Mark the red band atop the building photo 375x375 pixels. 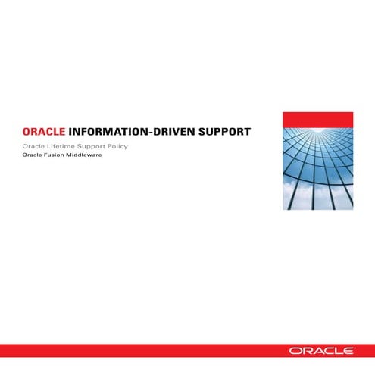(317, 119)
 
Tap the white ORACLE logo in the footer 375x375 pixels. (320, 351)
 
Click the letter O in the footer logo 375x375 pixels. (293, 351)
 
